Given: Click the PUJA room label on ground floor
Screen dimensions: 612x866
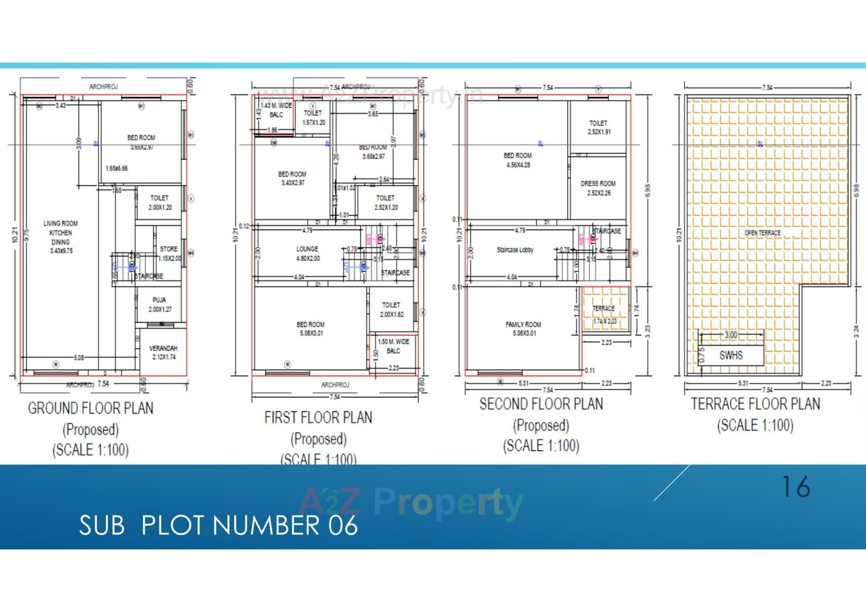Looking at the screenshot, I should point(160,304).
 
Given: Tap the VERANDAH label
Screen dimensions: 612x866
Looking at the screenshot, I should point(163,352).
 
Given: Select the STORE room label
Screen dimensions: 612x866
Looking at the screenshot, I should point(169,253).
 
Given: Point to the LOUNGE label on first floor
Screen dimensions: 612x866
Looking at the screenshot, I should point(308,253).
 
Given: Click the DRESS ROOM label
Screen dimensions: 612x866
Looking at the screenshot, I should point(598,188).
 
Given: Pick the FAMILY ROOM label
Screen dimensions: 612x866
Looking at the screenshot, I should point(523,328).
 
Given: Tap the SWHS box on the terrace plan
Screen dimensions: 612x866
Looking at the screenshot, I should point(731,355).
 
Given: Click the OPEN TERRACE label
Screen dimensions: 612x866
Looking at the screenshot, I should point(762,233).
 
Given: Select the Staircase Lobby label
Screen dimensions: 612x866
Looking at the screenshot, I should point(515,250).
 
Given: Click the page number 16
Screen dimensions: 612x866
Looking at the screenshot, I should point(796,487).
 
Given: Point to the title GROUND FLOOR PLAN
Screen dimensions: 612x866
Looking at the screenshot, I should point(91,408).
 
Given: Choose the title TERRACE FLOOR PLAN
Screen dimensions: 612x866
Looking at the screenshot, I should point(755,404).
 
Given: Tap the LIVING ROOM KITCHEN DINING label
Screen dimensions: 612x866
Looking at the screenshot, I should point(61,237).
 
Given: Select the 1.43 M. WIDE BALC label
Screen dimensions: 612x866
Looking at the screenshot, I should point(276,110).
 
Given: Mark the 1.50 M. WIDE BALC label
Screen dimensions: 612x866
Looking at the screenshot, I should point(393,346).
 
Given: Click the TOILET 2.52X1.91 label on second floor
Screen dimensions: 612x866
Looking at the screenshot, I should point(599,127).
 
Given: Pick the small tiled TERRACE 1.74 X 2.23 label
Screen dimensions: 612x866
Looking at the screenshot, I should point(604,314).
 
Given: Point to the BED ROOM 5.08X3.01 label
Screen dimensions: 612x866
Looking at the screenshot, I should point(311,328).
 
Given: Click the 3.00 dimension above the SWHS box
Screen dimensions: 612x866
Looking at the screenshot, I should point(731,335).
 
